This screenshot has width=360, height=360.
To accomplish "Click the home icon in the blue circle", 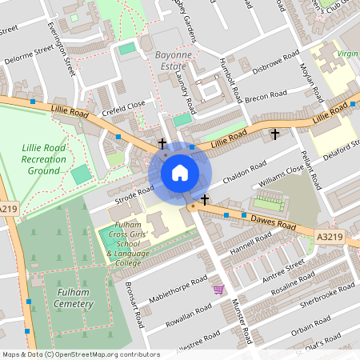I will point(180,172).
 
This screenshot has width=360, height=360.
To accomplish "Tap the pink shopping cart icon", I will point(218,289).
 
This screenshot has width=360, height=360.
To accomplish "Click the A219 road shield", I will point(8,210).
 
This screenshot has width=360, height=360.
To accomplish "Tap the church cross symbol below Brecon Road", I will point(275,134).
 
